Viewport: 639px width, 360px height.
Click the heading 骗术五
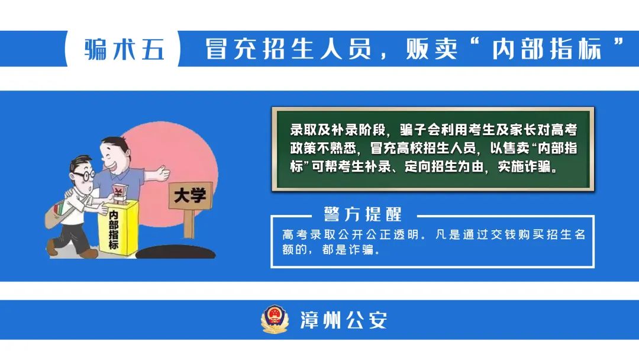(x=124, y=49)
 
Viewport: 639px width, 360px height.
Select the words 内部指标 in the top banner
(x=547, y=49)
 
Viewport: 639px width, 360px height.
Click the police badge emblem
(x=275, y=319)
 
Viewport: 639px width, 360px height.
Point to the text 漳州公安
(x=344, y=320)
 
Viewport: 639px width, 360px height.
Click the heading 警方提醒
(x=363, y=214)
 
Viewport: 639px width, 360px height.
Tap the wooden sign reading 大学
(x=191, y=196)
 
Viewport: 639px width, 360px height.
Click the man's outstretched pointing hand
(x=162, y=173)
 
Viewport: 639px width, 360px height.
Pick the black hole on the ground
(x=175, y=252)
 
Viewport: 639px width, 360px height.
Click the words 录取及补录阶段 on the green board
(x=338, y=130)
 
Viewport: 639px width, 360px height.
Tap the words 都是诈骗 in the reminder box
(x=348, y=249)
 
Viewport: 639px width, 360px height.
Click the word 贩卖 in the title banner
(x=431, y=49)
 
